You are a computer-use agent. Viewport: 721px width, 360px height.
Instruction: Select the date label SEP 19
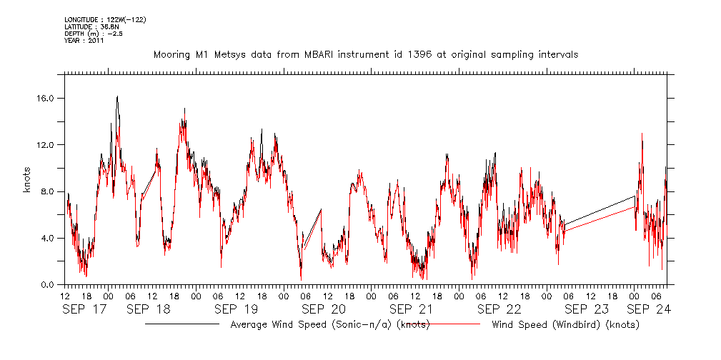click(x=236, y=309)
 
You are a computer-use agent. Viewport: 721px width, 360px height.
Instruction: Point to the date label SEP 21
click(x=411, y=309)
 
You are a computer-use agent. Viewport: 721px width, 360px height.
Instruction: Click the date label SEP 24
click(x=649, y=309)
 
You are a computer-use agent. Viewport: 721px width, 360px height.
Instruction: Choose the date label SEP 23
click(x=586, y=309)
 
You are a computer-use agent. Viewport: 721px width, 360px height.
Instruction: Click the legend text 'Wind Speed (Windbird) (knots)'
click(x=565, y=325)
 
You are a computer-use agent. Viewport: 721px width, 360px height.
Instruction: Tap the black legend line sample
click(x=182, y=324)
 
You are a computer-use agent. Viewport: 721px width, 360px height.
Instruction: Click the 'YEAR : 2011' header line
click(x=84, y=41)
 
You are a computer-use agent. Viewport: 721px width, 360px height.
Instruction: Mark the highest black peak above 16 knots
click(x=117, y=96)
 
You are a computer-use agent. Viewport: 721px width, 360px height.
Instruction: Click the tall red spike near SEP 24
click(x=642, y=134)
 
